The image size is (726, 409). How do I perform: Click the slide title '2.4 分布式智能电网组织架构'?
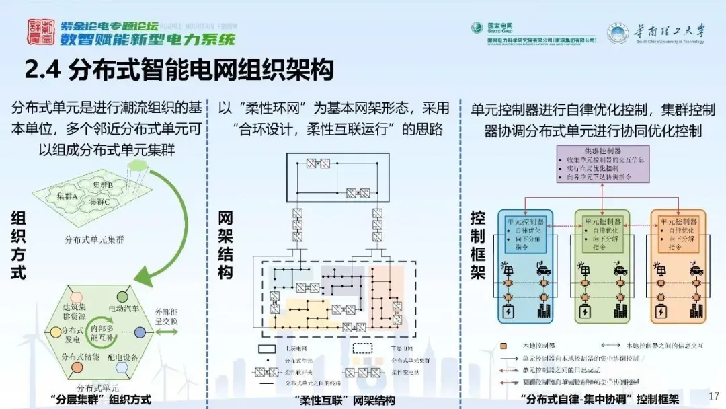[x=179, y=70]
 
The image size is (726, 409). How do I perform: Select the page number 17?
[x=714, y=395]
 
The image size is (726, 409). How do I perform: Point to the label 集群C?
[x=98, y=201]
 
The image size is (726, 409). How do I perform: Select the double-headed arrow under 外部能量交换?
[x=167, y=332]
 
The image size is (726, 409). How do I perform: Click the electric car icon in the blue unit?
[x=540, y=270]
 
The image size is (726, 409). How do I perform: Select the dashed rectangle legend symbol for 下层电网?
[x=363, y=348]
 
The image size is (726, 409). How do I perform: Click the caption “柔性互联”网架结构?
[x=345, y=400]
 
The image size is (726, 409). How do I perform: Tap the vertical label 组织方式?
[x=19, y=246]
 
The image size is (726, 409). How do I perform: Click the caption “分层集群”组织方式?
[x=101, y=400]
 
